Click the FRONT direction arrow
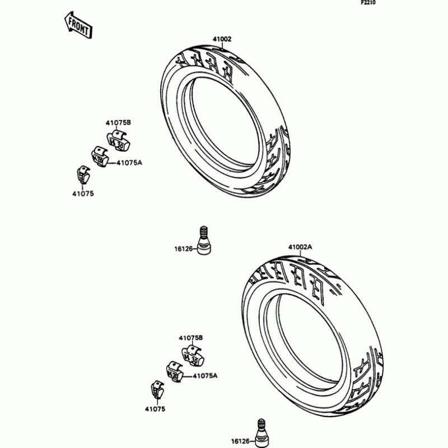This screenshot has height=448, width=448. tap(78, 25)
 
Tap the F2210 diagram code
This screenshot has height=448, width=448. tap(368, 3)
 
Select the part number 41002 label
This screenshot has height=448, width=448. tap(222, 39)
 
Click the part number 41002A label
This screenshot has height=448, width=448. tap(300, 247)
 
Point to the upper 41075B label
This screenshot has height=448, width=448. tap(118, 123)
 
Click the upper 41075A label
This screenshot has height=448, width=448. tap(129, 163)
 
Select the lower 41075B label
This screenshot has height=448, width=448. tap(191, 338)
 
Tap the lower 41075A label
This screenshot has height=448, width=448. tap(205, 376)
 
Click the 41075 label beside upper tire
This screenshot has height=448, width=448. tap(83, 194)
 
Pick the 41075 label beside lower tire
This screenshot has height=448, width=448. tap(155, 409)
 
